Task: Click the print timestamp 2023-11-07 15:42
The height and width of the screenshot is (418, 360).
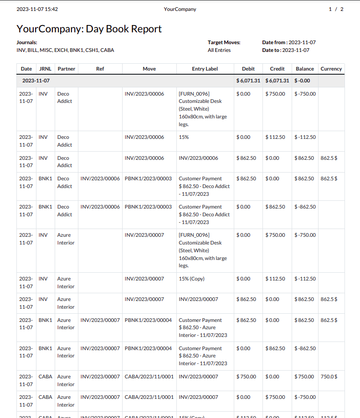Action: pos(37,9)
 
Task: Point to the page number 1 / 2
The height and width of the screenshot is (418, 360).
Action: pos(336,9)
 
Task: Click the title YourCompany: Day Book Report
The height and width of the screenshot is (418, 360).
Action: pos(89,29)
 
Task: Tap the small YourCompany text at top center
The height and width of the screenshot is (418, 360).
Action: pos(180,9)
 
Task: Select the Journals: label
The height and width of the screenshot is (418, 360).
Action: pos(27,42)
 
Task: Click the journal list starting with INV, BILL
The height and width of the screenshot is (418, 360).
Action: pos(65,50)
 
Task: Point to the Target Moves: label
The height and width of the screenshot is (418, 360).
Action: pos(224,42)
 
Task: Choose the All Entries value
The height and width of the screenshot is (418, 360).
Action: pos(219,50)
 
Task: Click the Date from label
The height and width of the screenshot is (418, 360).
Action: pos(274,42)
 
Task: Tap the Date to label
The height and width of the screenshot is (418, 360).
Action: pos(272,50)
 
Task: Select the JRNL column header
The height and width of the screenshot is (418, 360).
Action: pos(45,69)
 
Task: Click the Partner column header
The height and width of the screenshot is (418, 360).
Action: pos(66,69)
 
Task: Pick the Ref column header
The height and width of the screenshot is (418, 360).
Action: pos(100,69)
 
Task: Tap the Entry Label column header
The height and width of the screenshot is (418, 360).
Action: pos(205,69)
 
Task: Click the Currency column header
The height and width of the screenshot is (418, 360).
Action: pos(331,69)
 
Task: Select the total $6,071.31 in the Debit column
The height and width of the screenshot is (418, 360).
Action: pos(248,81)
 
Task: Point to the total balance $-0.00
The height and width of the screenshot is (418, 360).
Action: pos(303,81)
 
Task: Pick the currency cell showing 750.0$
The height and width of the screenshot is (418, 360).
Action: pos(329,377)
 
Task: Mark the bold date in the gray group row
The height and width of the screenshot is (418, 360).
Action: pos(36,81)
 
